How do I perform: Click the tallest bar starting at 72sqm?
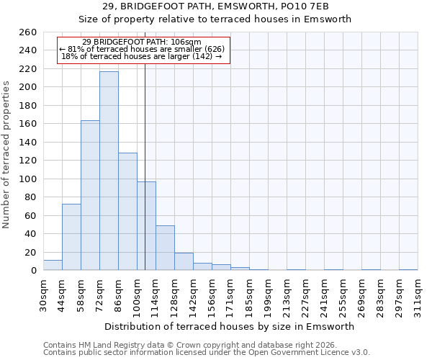[x=109, y=171]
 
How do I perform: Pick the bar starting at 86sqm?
[x=127, y=212]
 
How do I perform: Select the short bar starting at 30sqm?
[x=53, y=266]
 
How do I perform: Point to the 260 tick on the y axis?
[x=27, y=32]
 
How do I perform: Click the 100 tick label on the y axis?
[x=27, y=179]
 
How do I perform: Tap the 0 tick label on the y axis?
[x=33, y=271]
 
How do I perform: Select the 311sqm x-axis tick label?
[x=418, y=296]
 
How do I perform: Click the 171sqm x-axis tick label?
[x=231, y=296]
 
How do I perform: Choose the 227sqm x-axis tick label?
[x=306, y=296]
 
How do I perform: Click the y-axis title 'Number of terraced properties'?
[x=7, y=155]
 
